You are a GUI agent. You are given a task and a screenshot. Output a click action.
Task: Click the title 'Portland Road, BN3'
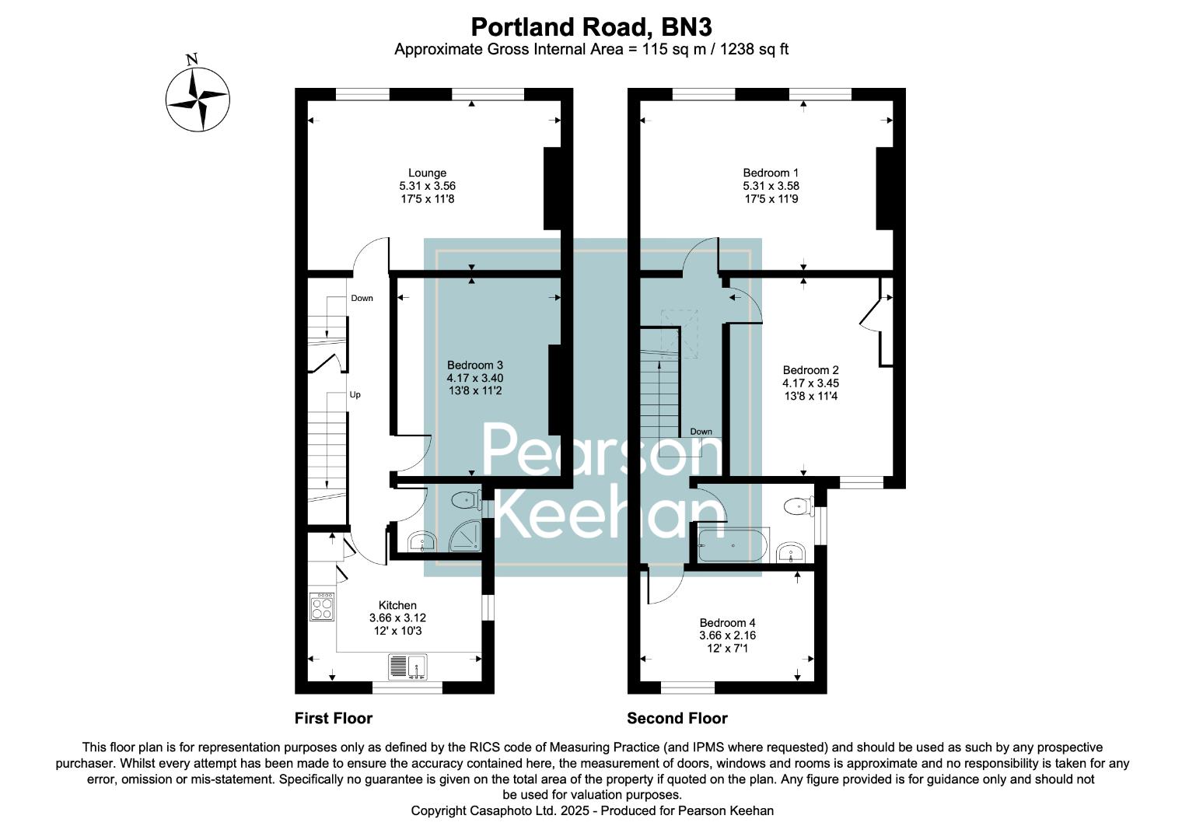click(x=591, y=27)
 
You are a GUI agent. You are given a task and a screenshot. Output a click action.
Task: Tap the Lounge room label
click(x=427, y=173)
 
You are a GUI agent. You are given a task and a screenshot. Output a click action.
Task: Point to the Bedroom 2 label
click(x=810, y=370)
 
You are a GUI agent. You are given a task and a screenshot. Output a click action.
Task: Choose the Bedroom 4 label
click(x=727, y=622)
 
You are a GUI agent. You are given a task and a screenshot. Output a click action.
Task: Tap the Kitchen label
click(x=397, y=605)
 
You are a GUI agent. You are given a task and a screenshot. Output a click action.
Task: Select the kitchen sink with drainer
click(x=407, y=667)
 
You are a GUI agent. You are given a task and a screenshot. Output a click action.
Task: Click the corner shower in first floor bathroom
click(x=466, y=536)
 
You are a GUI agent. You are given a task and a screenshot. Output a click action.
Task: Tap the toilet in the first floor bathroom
click(x=467, y=499)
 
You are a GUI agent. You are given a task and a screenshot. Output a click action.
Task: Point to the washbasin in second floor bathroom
click(x=791, y=553)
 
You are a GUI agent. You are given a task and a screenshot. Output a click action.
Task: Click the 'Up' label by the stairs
click(x=355, y=394)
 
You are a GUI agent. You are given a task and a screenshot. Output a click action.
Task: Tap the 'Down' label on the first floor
click(x=362, y=298)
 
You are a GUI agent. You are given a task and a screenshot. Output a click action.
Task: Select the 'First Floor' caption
click(x=333, y=718)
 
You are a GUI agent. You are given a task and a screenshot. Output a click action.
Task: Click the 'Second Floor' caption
click(x=677, y=718)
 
